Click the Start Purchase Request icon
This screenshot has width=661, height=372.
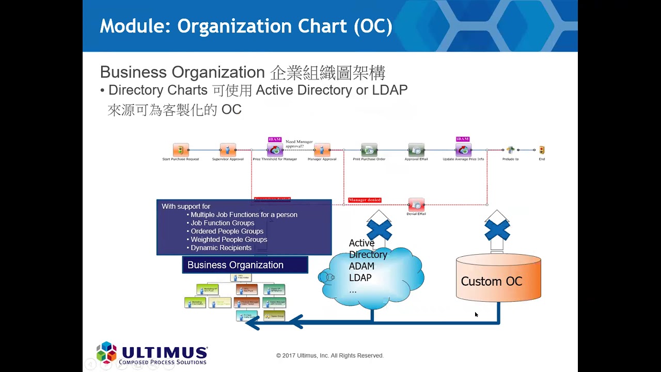click(181, 150)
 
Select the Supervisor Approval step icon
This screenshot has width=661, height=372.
click(228, 150)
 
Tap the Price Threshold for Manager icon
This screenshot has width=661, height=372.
click(275, 150)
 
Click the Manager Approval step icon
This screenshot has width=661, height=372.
click(322, 150)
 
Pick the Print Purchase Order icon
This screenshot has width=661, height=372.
click(369, 150)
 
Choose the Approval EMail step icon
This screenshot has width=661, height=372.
click(416, 150)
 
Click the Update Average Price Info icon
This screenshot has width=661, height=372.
click(463, 150)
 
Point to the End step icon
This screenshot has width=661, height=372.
click(542, 150)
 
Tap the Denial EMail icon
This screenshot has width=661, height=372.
click(416, 205)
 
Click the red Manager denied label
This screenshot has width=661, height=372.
click(365, 200)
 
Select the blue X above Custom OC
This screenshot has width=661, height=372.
click(497, 230)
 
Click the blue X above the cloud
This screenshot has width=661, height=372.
click(380, 230)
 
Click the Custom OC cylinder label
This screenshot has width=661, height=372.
click(492, 282)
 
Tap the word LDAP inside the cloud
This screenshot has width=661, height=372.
click(360, 278)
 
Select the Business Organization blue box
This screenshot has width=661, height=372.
click(245, 265)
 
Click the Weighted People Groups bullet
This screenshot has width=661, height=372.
click(229, 240)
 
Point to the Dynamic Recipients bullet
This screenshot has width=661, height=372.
click(221, 248)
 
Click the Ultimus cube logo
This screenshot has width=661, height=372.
click(107, 352)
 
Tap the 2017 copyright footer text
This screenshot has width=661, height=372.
click(330, 355)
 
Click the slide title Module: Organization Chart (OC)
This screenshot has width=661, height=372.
click(246, 26)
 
